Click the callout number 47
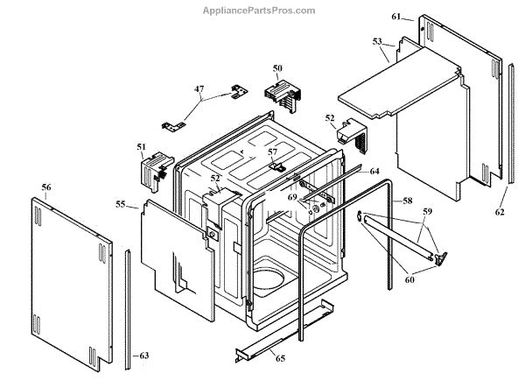(199, 89)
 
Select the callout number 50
(277, 67)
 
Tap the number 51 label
(141, 147)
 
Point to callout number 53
(377, 41)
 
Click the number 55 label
(121, 204)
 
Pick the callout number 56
(46, 187)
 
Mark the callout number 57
(272, 152)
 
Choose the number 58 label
(407, 201)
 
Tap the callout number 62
(500, 211)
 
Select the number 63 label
(144, 356)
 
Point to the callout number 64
(374, 171)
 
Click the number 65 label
(280, 358)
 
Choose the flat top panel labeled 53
(399, 84)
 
